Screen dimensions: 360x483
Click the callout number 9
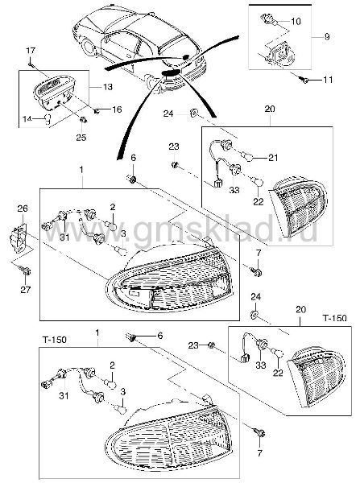pyautogui.click(x=327, y=36)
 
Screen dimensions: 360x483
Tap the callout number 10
pyautogui.click(x=296, y=21)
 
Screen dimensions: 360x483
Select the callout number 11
pyautogui.click(x=328, y=80)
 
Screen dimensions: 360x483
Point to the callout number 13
pyautogui.click(x=108, y=87)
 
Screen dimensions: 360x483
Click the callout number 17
pyautogui.click(x=31, y=50)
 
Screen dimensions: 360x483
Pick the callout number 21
pyautogui.click(x=273, y=158)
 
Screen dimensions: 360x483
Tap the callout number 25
pyautogui.click(x=81, y=137)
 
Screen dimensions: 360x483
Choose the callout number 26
pyautogui.click(x=23, y=208)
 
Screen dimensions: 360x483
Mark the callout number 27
pyautogui.click(x=26, y=290)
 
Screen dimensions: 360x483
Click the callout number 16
pyautogui.click(x=117, y=109)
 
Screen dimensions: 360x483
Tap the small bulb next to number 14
pyautogui.click(x=48, y=119)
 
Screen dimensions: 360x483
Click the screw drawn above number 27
pyautogui.click(x=26, y=270)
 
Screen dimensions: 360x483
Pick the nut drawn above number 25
pyautogui.click(x=83, y=119)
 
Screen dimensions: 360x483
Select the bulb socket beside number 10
pyautogui.click(x=268, y=19)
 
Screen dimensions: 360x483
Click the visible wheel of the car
pyautogui.click(x=89, y=46)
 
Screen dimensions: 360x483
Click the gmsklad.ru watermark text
pyautogui.click(x=182, y=231)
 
